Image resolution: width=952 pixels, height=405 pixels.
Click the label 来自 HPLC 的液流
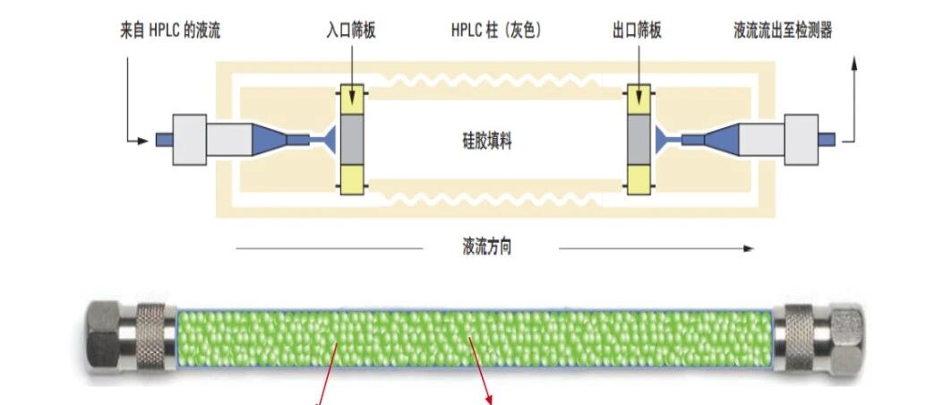point(170,31)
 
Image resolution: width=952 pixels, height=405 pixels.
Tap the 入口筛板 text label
point(351,31)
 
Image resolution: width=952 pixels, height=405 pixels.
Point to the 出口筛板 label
point(638,31)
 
